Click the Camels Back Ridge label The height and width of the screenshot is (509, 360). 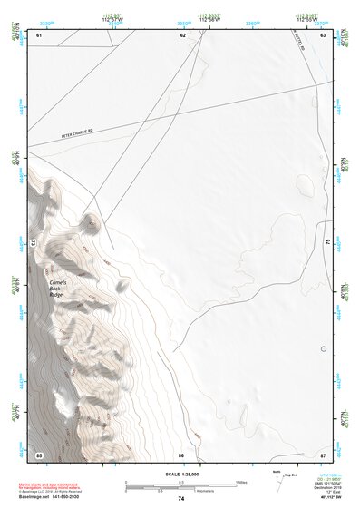pos(57,288)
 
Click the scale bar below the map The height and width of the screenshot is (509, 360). pos(180,484)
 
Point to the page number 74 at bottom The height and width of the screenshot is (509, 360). pos(181,499)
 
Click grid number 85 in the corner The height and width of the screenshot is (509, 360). pos(39,454)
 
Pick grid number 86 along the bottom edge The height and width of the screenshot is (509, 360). pos(181,454)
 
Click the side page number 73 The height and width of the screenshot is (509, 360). pos(33,243)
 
